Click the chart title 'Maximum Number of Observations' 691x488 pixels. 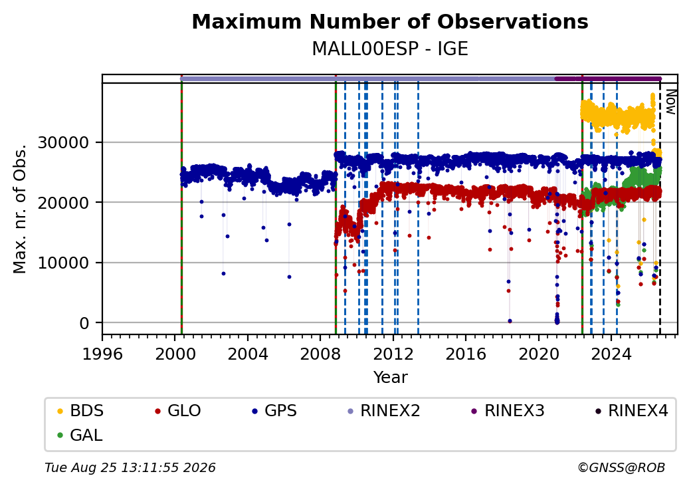[x=390, y=21]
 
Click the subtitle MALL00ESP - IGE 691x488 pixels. [x=390, y=49]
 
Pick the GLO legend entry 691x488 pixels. [x=178, y=411]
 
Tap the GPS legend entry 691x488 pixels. [x=274, y=411]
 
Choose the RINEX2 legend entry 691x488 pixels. [x=384, y=411]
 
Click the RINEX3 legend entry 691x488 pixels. [x=508, y=411]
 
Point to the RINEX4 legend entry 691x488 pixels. [x=632, y=411]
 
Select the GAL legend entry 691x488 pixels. [x=80, y=435]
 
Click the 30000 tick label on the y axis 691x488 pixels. [x=64, y=142]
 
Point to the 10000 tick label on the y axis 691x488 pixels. [x=64, y=263]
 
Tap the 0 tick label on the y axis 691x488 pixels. [x=84, y=323]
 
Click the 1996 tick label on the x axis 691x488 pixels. [x=102, y=354]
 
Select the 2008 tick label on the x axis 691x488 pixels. [x=320, y=354]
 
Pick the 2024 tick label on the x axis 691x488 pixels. [x=611, y=354]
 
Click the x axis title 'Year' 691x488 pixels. [x=391, y=378]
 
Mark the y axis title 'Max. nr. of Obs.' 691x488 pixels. [x=20, y=209]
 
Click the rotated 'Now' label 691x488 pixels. [x=670, y=102]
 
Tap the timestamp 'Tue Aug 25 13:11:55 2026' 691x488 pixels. [x=130, y=467]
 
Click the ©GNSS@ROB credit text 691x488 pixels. [x=621, y=467]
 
